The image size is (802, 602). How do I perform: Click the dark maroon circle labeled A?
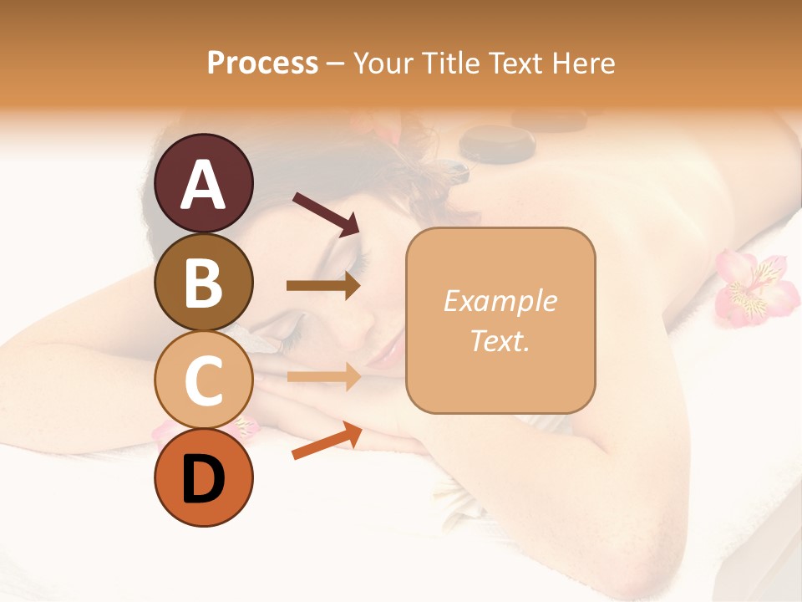204,183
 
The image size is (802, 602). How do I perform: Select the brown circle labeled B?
204,282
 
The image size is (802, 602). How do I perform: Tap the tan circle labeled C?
204,380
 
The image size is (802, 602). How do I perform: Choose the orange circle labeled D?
204,477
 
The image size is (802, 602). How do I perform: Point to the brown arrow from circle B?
323,286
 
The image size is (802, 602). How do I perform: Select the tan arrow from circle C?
323,377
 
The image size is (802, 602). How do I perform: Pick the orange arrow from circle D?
327,441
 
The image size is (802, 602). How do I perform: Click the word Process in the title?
262,63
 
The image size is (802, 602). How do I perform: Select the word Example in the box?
500,302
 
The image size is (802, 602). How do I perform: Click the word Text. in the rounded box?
500,340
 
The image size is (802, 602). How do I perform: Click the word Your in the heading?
381,63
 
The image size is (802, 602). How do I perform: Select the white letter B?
204,282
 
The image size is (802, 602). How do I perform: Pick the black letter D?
204,479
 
